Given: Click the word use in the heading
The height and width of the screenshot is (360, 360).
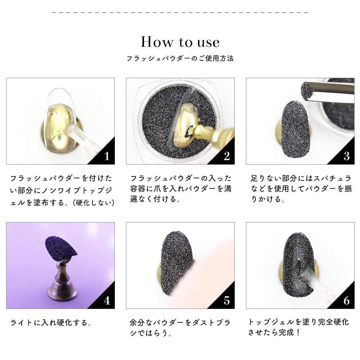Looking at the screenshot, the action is (208, 43).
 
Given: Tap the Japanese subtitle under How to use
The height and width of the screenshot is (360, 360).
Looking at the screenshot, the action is (180, 58).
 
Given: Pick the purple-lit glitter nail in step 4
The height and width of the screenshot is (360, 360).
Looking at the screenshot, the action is (60, 248).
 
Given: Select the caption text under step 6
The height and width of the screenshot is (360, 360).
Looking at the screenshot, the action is (298, 327).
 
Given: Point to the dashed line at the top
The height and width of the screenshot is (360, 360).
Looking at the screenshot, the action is (180, 12).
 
